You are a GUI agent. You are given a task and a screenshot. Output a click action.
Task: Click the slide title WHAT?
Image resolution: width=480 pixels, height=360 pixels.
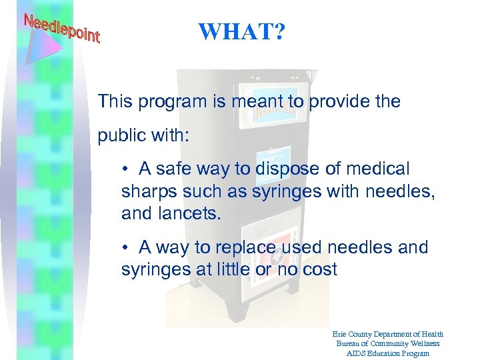[241, 31]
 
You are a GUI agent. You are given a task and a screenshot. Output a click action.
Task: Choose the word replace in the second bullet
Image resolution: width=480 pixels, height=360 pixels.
[243, 247]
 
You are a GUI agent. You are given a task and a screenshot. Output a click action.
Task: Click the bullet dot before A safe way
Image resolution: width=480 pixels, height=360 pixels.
[125, 170]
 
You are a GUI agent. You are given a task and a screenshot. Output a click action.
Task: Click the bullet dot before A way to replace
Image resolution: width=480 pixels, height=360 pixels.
[125, 247]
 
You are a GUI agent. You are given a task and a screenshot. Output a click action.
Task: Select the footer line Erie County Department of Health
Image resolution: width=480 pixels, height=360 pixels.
[387, 334]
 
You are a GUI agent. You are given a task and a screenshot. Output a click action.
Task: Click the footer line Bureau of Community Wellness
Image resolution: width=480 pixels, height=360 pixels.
[387, 343]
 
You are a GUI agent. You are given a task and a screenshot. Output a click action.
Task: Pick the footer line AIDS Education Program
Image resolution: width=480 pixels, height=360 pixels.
[387, 353]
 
